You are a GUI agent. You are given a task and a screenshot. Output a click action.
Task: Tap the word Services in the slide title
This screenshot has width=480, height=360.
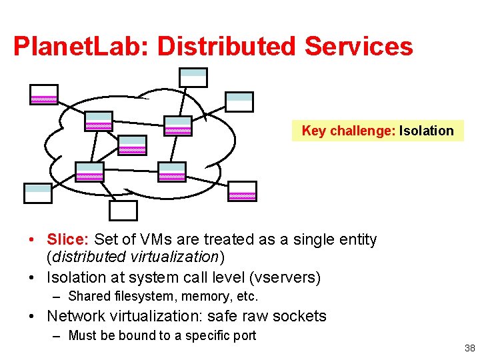click(x=359, y=47)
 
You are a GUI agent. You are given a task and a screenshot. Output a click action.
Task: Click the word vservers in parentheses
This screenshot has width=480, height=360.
click(x=287, y=277)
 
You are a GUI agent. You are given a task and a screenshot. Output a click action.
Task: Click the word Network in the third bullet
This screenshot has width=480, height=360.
click(x=75, y=316)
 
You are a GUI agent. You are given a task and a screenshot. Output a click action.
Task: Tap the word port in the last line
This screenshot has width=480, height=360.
click(x=243, y=335)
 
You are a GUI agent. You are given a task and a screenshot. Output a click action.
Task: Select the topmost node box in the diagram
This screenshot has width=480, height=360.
click(x=194, y=77)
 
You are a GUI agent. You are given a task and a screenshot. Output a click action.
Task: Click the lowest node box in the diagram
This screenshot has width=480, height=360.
click(x=123, y=210)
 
